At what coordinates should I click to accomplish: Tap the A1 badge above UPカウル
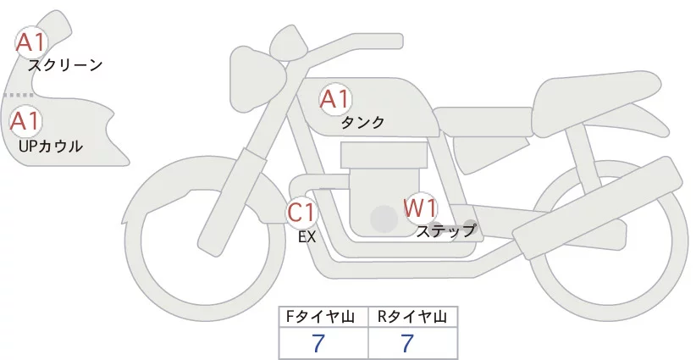(25, 121)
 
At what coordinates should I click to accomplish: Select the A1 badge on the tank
(334, 100)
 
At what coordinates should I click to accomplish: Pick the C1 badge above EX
(301, 212)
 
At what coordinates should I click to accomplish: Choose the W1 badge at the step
(419, 207)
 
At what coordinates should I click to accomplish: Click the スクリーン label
(65, 64)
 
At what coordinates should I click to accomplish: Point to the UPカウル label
(50, 146)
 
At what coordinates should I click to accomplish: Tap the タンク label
(362, 122)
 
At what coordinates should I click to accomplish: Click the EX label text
(307, 237)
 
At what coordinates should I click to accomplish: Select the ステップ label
(446, 230)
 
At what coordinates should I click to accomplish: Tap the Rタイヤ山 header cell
(412, 317)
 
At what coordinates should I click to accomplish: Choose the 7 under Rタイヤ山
(408, 343)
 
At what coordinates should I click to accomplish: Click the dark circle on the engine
(384, 220)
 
